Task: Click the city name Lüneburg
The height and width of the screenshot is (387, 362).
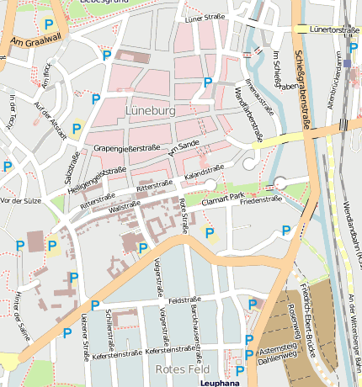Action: click(150, 110)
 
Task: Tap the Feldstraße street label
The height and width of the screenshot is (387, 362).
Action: click(183, 300)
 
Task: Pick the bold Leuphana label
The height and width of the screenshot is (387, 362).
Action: click(220, 382)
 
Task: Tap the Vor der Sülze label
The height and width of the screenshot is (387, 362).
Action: click(21, 201)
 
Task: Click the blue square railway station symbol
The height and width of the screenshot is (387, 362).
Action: click(348, 63)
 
